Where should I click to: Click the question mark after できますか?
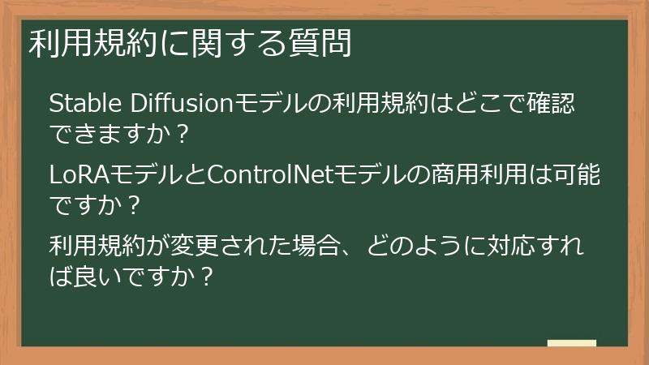[x=181, y=137]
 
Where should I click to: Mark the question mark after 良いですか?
[x=207, y=277]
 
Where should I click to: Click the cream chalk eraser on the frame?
[x=571, y=344]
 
